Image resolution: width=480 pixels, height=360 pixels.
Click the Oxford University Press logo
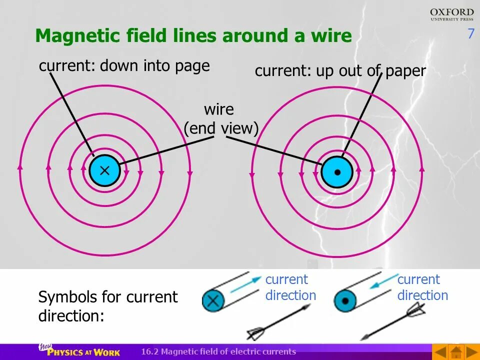[451, 14]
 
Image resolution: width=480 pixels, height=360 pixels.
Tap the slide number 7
[470, 34]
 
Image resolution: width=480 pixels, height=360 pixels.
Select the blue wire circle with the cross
[104, 170]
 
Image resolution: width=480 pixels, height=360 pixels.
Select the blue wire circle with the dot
[337, 172]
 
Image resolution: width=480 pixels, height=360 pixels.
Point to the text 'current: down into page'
[124, 66]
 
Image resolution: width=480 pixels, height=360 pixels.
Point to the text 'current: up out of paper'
[340, 71]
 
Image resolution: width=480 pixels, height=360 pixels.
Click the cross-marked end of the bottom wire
[213, 300]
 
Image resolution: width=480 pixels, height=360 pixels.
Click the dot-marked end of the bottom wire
[344, 301]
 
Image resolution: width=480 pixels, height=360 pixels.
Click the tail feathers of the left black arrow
[256, 333]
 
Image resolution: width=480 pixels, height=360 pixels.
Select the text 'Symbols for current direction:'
[107, 306]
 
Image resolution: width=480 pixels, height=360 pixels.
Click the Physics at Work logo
[80, 351]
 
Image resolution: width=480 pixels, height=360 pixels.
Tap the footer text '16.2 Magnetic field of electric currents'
[218, 351]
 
